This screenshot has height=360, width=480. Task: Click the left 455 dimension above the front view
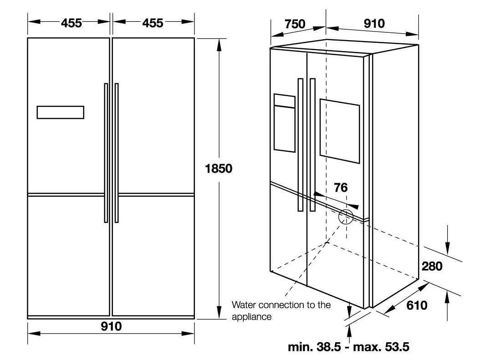tap(71, 22)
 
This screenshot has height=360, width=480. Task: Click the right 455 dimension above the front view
tap(153, 22)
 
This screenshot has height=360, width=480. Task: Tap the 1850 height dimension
tap(219, 169)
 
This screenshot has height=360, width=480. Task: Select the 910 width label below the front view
tap(111, 326)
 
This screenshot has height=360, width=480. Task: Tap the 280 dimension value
tap(432, 266)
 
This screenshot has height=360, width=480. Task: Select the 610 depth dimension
tap(416, 305)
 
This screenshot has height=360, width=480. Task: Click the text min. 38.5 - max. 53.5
tap(349, 347)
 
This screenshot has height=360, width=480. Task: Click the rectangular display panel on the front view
tap(60, 112)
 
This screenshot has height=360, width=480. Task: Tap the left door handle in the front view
tap(106, 153)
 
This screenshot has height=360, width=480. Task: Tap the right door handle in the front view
tap(117, 153)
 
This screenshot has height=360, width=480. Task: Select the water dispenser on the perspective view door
tap(284, 123)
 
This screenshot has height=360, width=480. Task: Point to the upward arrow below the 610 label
tap(449, 301)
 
